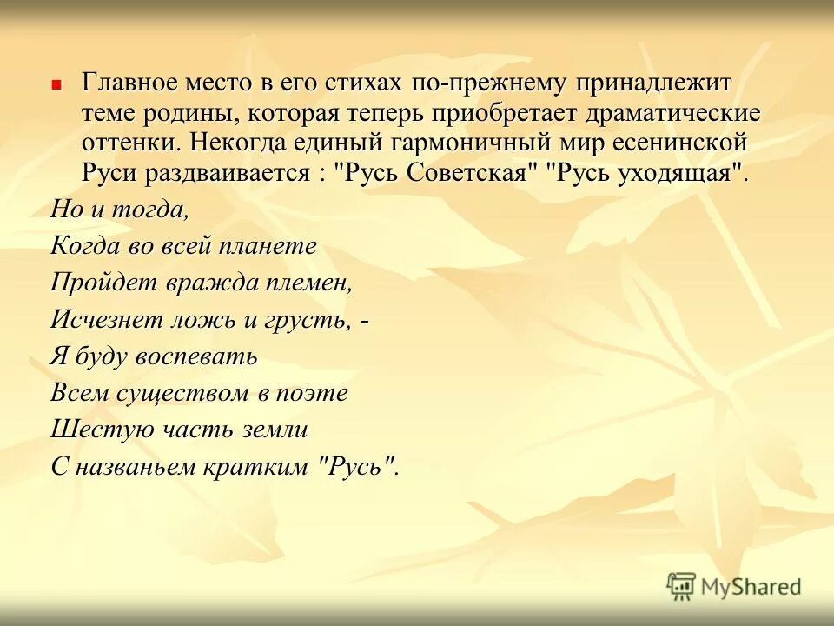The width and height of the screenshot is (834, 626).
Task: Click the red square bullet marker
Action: pyautogui.click(x=56, y=85)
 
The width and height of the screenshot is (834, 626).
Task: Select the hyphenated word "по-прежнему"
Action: pyautogui.click(x=489, y=83)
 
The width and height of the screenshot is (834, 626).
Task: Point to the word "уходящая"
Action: pyautogui.click(x=677, y=171)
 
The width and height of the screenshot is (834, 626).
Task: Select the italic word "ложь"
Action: pyautogui.click(x=204, y=319)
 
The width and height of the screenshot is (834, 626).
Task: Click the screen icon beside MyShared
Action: pyautogui.click(x=682, y=586)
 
